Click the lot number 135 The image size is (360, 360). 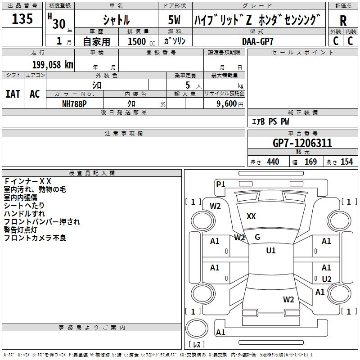point(22,19)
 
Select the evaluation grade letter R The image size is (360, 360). point(343,21)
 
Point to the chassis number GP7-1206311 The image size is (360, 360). point(302,143)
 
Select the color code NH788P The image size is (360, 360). point(75,103)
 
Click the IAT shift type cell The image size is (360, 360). point(13,94)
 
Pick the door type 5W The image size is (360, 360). point(175,21)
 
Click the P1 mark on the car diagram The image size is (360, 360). point(220,184)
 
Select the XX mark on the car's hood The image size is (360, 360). point(251,216)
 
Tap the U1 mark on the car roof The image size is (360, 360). point(271,251)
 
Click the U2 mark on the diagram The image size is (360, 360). point(327,279)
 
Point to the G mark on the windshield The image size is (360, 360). point(257,237)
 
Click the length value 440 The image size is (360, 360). point(273,162)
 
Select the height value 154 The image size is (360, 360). point(346,162)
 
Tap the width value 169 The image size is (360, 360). point(310,162)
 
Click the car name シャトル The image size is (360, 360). point(116,21)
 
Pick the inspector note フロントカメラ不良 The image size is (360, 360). point(35,238)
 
